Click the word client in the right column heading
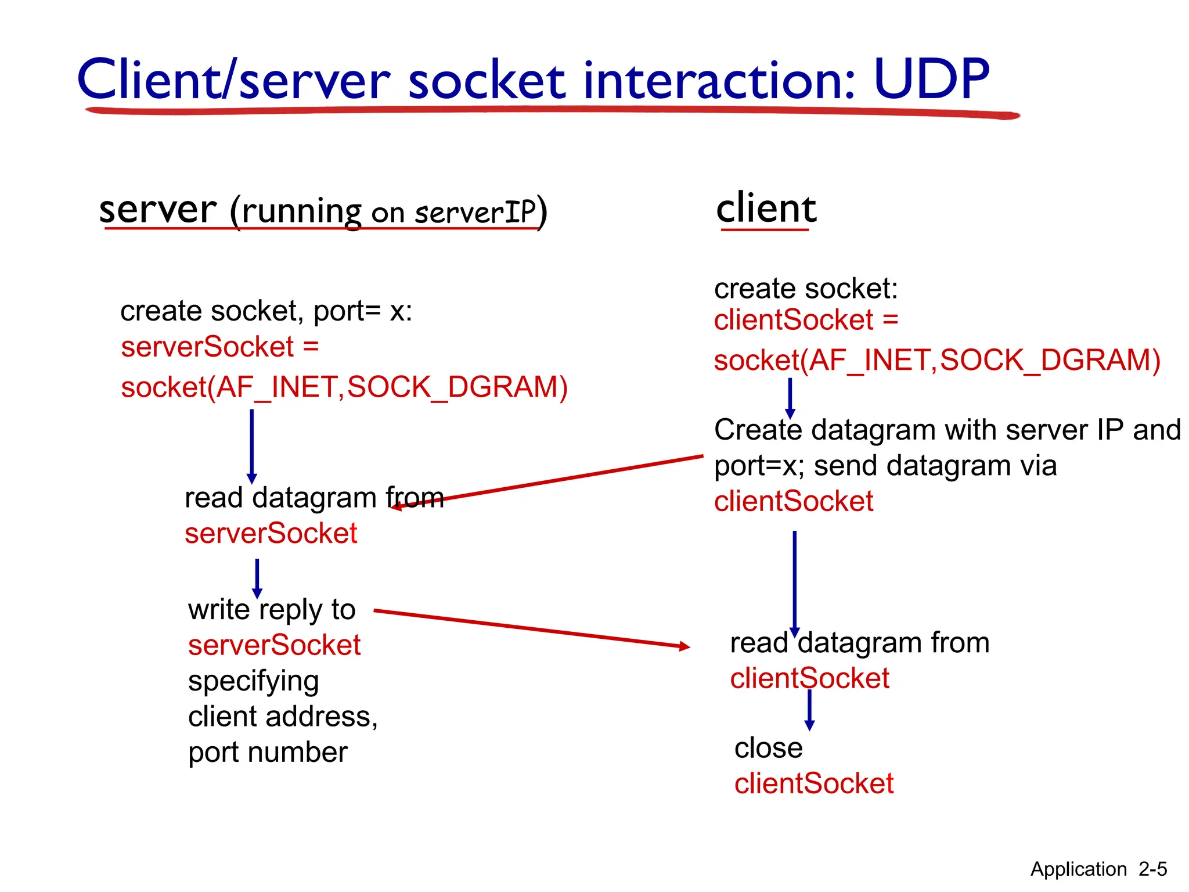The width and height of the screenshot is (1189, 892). tap(766, 208)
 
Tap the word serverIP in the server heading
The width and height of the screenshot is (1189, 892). tap(475, 213)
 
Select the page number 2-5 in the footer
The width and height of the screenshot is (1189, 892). tap(1152, 869)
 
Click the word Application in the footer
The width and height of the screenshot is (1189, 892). tap(1078, 869)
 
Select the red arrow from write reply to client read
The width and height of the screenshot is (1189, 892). tap(531, 628)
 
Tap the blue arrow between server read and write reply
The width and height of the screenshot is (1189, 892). tap(257, 578)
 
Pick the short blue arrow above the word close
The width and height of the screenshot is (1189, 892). tap(809, 710)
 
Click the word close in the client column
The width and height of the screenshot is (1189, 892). tap(768, 747)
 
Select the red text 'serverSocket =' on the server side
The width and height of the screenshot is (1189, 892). tap(219, 347)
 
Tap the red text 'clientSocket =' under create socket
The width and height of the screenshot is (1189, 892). tap(806, 320)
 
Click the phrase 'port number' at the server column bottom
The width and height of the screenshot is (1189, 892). tap(268, 752)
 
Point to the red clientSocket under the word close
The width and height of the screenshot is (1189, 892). tap(813, 783)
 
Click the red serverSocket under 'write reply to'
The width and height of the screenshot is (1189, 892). tap(274, 645)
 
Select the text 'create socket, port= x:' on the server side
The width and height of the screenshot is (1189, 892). tap(266, 311)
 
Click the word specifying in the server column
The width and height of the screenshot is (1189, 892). tap(253, 681)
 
